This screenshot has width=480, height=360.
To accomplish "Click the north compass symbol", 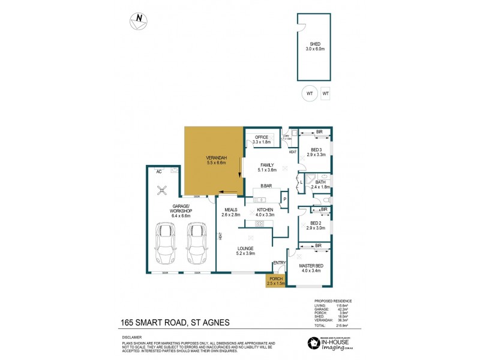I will pyautogui.click(x=139, y=20).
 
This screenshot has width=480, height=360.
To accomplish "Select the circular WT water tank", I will pyautogui.click(x=309, y=94).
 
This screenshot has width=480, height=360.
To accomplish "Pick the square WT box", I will pyautogui.click(x=326, y=94).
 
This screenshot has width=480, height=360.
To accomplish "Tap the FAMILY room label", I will pyautogui.click(x=266, y=166).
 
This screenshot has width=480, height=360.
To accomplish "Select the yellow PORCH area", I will pyautogui.click(x=276, y=280).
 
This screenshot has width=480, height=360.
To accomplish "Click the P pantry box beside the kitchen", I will pyautogui.click(x=285, y=199).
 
